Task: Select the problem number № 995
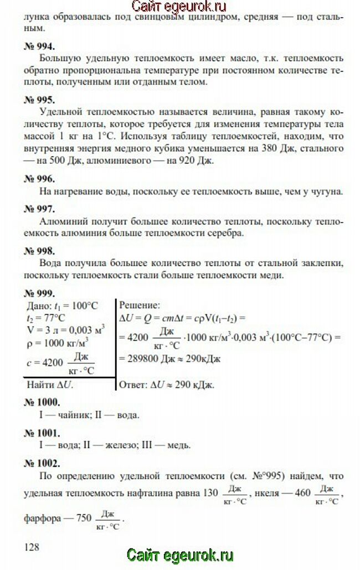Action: coord(39,100)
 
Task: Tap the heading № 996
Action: coord(39,179)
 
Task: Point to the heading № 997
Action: coord(39,209)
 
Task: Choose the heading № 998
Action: coord(39,250)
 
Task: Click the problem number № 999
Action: coord(39,291)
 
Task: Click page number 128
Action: coord(32,547)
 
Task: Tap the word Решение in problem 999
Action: coord(139,305)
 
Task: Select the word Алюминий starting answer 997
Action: coord(60,221)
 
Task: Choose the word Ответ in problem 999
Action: coord(134,384)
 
